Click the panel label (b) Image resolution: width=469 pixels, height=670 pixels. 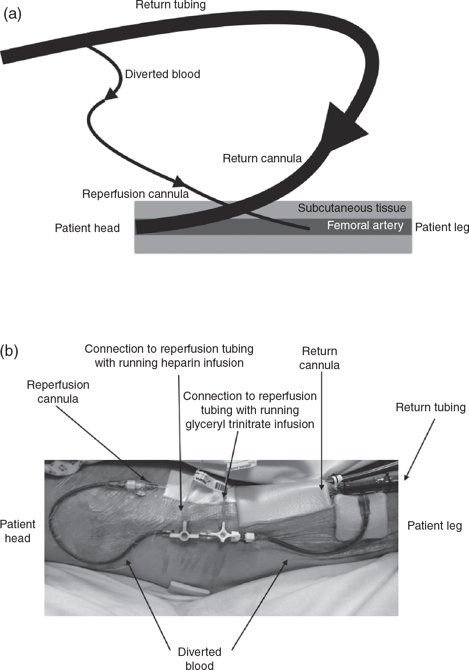click(10, 351)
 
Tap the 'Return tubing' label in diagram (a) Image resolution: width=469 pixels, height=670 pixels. click(170, 6)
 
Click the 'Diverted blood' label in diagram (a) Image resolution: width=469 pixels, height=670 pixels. click(162, 74)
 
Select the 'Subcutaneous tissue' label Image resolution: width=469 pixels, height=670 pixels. click(352, 208)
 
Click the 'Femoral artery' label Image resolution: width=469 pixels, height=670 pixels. click(365, 226)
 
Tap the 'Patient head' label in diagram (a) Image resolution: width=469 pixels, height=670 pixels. click(87, 228)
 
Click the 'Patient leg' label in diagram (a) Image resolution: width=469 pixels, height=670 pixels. click(441, 228)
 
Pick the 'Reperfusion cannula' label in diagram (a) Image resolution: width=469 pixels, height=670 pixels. click(135, 194)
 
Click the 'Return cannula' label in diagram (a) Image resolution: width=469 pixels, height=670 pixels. click(262, 159)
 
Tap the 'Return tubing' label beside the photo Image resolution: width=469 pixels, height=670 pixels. click(430, 408)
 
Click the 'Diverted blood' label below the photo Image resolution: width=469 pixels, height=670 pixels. click(200, 658)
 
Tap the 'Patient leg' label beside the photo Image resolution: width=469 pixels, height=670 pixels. click(434, 526)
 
